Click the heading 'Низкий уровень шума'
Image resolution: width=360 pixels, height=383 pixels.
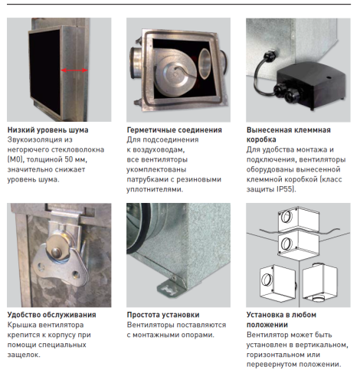pos(47,130)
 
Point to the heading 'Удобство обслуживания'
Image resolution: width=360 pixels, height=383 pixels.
pos(51,314)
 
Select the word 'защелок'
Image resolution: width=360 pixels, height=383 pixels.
pos(23,355)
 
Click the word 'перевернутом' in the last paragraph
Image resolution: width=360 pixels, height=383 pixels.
pos(275,365)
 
